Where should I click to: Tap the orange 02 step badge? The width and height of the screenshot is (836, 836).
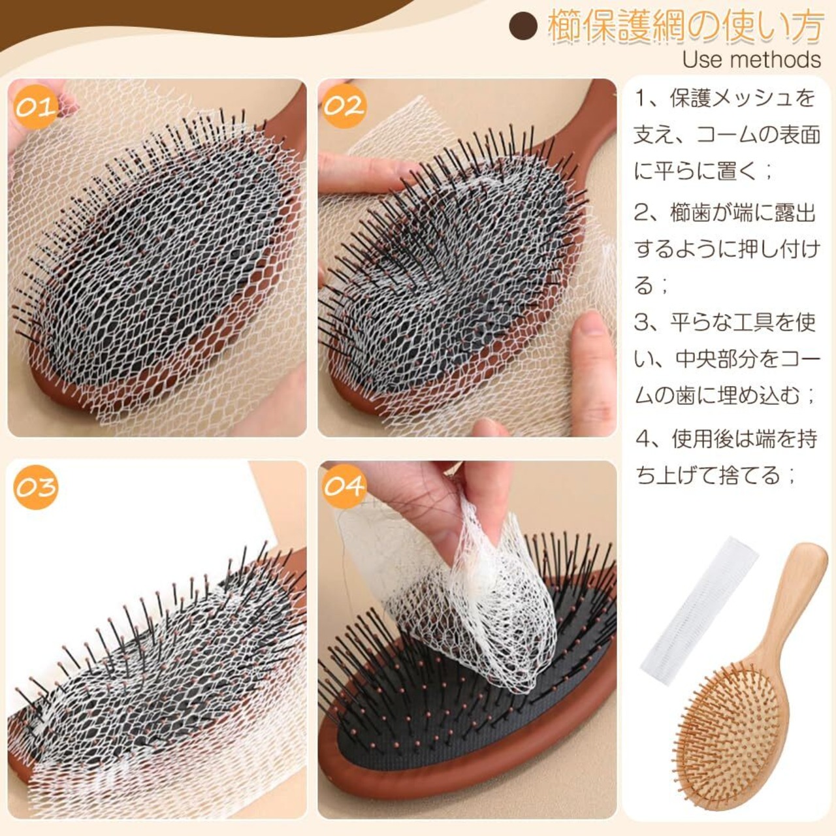click(x=344, y=106)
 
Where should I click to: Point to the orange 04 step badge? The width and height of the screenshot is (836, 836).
click(x=344, y=486)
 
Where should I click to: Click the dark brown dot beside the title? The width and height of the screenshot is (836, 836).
click(x=523, y=27)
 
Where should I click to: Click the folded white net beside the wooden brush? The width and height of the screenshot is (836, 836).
click(x=699, y=611)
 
